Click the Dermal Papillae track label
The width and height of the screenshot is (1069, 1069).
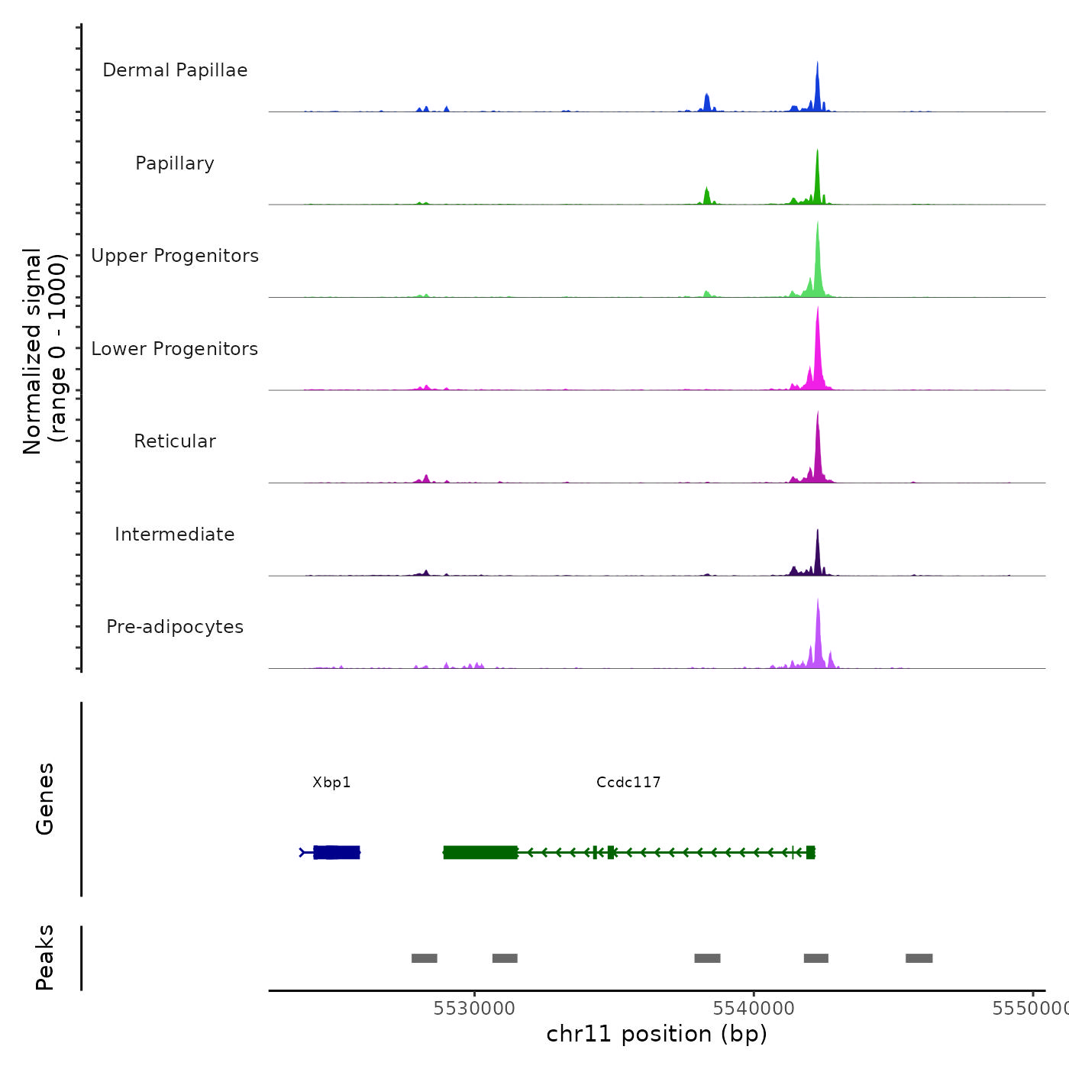coord(175,70)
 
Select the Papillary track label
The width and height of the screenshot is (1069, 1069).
coord(175,163)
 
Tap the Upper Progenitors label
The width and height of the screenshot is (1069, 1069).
coord(175,256)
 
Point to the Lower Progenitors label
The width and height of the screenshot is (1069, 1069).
coord(175,349)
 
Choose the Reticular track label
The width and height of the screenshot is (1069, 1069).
coord(175,441)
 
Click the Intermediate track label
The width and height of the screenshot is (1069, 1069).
coord(175,534)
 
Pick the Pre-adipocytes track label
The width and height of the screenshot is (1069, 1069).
coord(175,627)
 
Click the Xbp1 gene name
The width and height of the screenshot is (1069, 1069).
coord(331,782)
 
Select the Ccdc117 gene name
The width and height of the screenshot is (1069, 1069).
coord(628,782)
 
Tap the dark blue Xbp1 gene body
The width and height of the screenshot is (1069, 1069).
coord(337,852)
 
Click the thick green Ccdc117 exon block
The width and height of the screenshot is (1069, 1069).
coord(480,852)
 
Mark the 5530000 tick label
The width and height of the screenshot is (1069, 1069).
coord(474,1009)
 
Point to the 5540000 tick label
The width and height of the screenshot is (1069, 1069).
coord(754,1009)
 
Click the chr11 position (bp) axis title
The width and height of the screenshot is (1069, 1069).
coord(657,1034)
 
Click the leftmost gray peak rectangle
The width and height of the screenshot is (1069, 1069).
coord(424,958)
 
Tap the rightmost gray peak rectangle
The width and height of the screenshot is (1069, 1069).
coord(919,958)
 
